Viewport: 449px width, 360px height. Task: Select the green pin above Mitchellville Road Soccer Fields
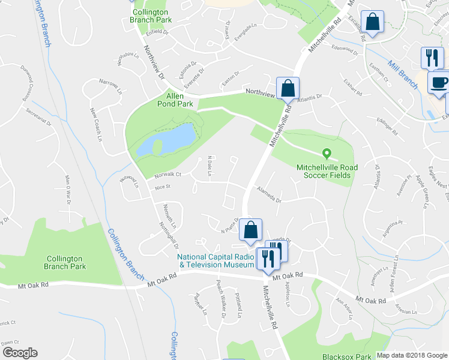[x=327, y=154]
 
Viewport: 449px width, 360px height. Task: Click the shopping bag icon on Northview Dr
[x=288, y=88]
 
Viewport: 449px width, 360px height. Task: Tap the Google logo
[x=19, y=353]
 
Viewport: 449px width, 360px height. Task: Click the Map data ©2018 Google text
[x=411, y=355]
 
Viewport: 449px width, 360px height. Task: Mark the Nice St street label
[x=163, y=187]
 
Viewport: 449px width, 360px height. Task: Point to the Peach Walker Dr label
[x=220, y=307]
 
